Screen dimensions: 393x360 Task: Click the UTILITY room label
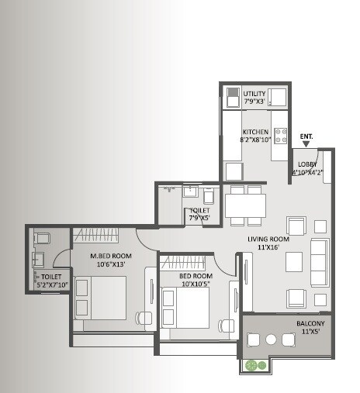click(x=255, y=94)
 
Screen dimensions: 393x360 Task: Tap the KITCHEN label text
click(x=255, y=133)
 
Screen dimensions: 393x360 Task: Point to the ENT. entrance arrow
click(x=306, y=143)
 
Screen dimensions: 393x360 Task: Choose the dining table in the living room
click(x=245, y=205)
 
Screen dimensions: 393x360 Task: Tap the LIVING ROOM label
click(x=268, y=240)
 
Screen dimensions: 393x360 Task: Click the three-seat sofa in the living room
click(x=319, y=263)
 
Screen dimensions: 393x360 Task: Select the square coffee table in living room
click(x=293, y=262)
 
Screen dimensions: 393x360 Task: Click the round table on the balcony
click(x=271, y=339)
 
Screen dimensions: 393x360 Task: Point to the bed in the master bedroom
click(x=100, y=298)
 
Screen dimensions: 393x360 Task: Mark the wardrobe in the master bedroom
click(x=96, y=234)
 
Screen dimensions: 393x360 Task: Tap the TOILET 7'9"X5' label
click(x=198, y=214)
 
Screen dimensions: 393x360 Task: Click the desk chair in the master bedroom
click(x=143, y=317)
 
